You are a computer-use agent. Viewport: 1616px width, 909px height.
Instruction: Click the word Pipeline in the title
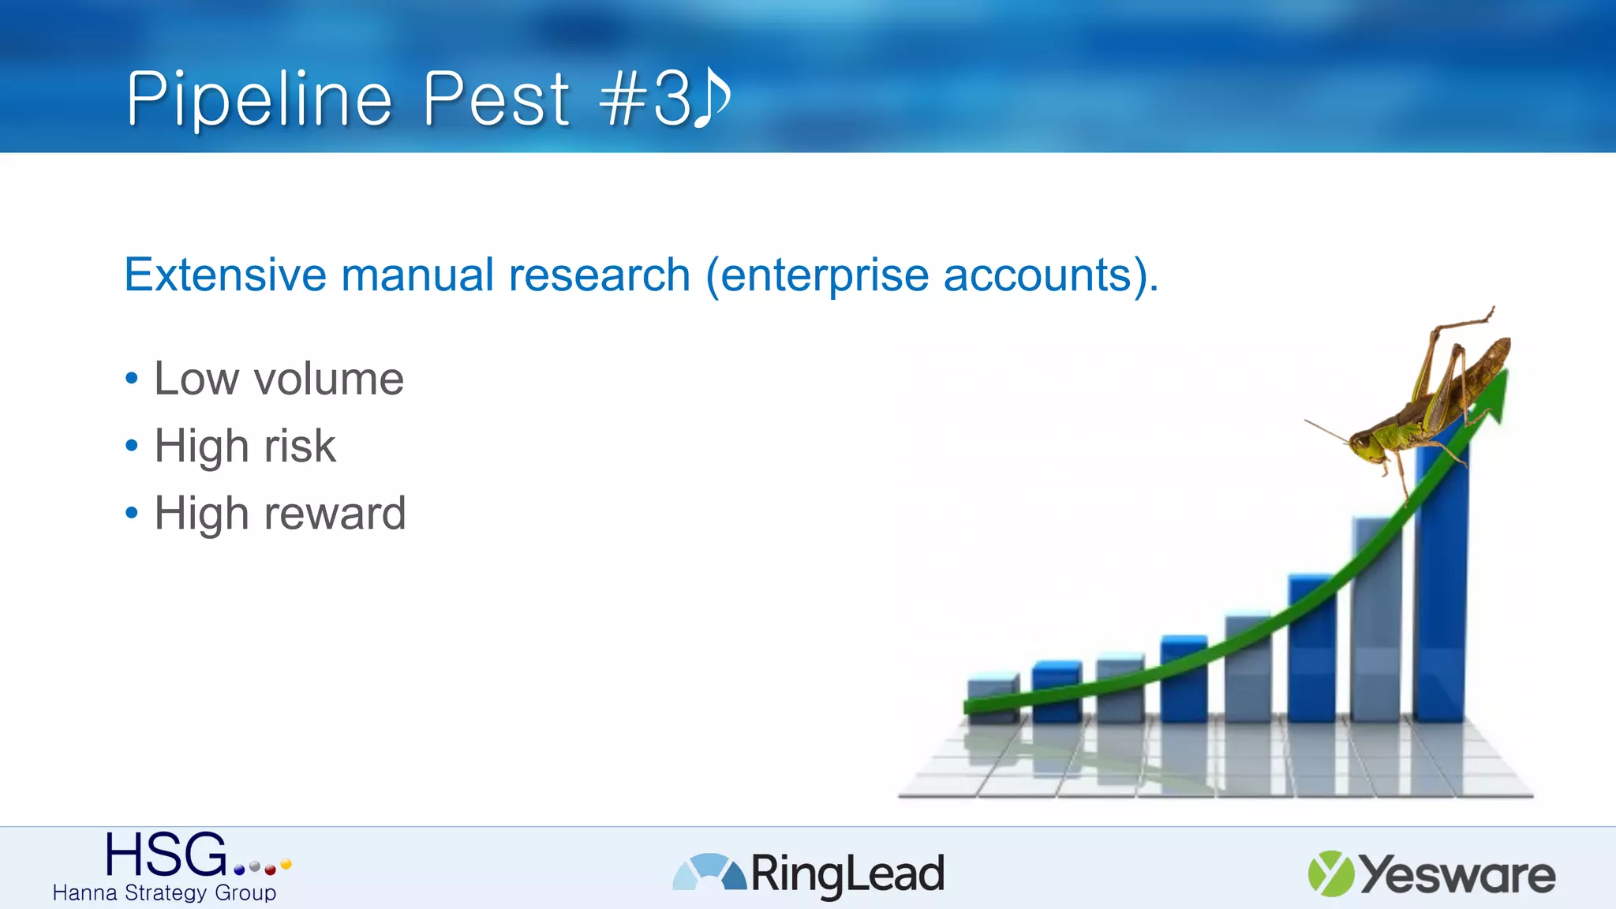click(x=259, y=99)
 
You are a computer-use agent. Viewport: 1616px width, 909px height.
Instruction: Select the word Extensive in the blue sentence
click(x=225, y=275)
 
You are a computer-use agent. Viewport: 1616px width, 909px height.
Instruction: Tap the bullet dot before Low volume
click(x=132, y=379)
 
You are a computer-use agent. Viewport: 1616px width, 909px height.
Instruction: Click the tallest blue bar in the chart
click(x=1440, y=600)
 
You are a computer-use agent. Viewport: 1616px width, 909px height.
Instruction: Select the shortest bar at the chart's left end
click(x=992, y=698)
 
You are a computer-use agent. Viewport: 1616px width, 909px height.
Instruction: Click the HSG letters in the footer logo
click(x=166, y=855)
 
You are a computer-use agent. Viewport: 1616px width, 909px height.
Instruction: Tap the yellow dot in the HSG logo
click(x=286, y=864)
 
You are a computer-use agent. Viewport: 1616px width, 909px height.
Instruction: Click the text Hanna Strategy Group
click(x=164, y=893)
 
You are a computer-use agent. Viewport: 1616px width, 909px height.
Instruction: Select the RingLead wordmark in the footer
click(x=847, y=874)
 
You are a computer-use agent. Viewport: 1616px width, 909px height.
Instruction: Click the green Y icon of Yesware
click(x=1330, y=873)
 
